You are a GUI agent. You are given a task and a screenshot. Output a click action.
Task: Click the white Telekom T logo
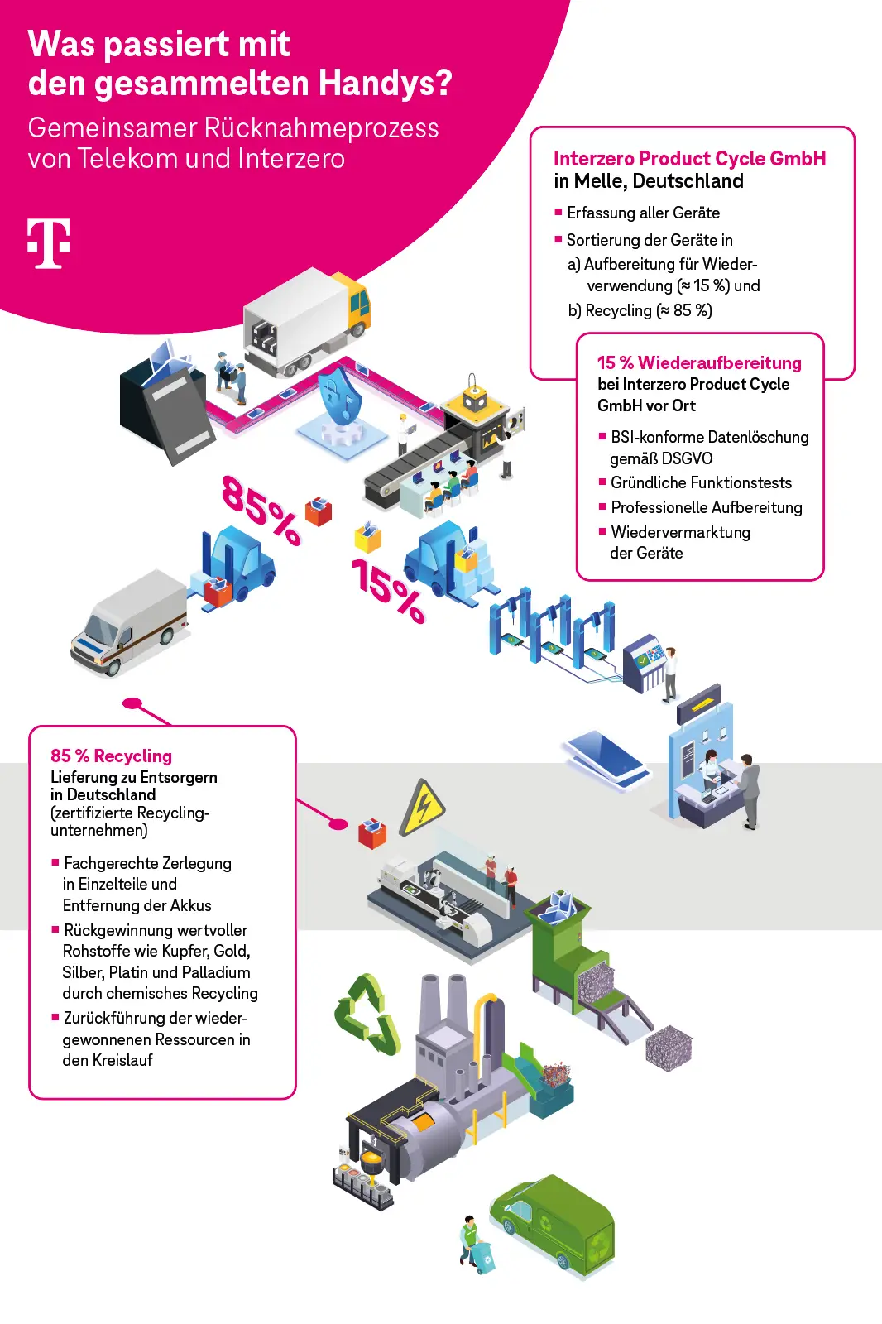[x=48, y=243]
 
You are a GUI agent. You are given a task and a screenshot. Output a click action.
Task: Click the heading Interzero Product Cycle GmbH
[x=689, y=158]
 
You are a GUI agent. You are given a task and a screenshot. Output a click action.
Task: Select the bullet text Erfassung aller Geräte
[x=643, y=213]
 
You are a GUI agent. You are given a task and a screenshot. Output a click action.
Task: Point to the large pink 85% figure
[x=260, y=509]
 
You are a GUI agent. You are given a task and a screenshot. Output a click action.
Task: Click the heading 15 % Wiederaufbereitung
[x=699, y=362]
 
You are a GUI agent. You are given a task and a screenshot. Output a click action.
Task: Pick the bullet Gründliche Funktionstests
[x=701, y=482]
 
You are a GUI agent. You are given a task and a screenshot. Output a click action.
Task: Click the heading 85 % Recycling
[x=112, y=756]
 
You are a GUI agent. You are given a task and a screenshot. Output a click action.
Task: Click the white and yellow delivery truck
[x=307, y=322]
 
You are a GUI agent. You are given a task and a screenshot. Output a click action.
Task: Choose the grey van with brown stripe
[x=130, y=621]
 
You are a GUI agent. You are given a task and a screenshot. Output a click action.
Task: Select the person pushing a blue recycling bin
[x=474, y=1244]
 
